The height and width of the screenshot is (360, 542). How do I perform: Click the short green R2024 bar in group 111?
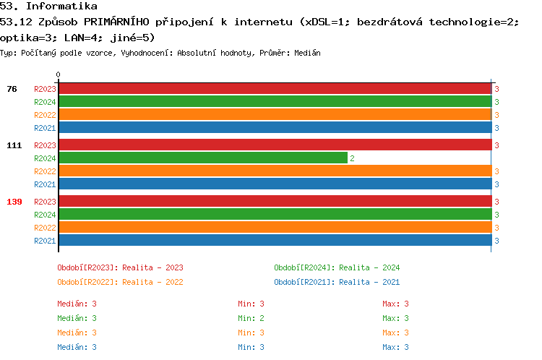(203, 158)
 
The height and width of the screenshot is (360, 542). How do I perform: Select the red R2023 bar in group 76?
(275, 89)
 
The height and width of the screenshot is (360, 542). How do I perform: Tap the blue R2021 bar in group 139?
(275, 241)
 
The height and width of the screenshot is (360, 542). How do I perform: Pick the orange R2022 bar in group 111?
(275, 171)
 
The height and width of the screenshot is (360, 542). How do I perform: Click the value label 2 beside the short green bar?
(352, 158)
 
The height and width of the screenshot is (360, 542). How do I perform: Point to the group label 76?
(12, 89)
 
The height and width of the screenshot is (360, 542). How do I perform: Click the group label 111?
(14, 145)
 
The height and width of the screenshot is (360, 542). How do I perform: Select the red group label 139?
(14, 202)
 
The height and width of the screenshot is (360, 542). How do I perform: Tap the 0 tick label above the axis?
(59, 74)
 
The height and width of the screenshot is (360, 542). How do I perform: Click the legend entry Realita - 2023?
(120, 267)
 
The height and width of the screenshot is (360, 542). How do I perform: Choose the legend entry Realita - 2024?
(337, 267)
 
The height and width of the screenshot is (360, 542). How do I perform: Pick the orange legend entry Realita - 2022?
(120, 282)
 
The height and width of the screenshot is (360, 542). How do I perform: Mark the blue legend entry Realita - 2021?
(337, 282)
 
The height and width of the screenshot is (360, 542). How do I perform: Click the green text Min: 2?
(251, 318)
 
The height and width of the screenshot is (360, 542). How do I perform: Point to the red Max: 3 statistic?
(396, 304)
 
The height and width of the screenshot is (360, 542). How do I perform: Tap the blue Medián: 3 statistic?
(77, 347)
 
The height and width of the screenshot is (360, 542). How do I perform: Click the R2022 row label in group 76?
(45, 115)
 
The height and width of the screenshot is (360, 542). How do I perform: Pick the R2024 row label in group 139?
(45, 215)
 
